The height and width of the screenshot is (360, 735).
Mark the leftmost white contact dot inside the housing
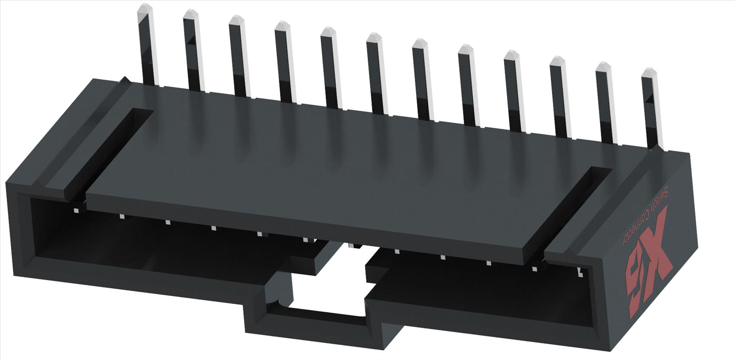point(76,210)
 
